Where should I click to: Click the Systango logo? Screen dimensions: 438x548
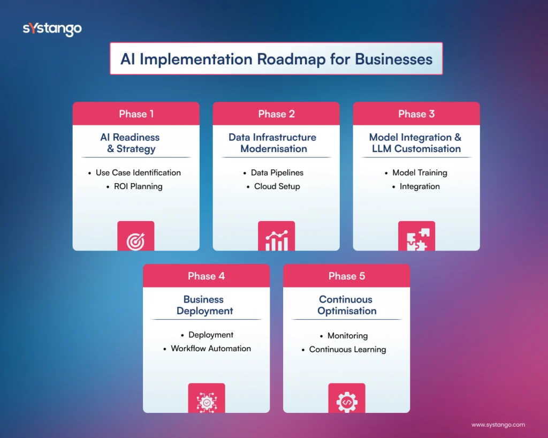coord(52,29)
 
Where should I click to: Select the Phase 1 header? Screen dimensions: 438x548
coord(136,114)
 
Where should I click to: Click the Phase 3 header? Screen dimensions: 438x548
coord(416,114)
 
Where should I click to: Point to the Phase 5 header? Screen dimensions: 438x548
coord(346,276)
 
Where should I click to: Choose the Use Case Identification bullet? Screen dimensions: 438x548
coord(138,172)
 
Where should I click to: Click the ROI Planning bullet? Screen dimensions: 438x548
coord(138,186)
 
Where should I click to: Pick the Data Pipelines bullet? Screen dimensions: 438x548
coord(277,172)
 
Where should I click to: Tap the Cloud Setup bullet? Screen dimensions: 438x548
coord(277,186)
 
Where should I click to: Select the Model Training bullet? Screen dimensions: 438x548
coord(419,172)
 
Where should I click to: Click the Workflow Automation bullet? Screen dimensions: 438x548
coord(210,348)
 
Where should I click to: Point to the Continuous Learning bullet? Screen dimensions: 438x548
coord(347,349)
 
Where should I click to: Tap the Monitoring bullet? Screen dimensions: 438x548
coord(347,336)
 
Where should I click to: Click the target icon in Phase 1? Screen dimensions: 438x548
coord(136,241)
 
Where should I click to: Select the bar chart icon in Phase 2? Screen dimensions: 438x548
coord(276,240)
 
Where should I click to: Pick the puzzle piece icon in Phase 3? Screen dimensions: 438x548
coord(416,240)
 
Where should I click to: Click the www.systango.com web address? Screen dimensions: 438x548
coord(498,425)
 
